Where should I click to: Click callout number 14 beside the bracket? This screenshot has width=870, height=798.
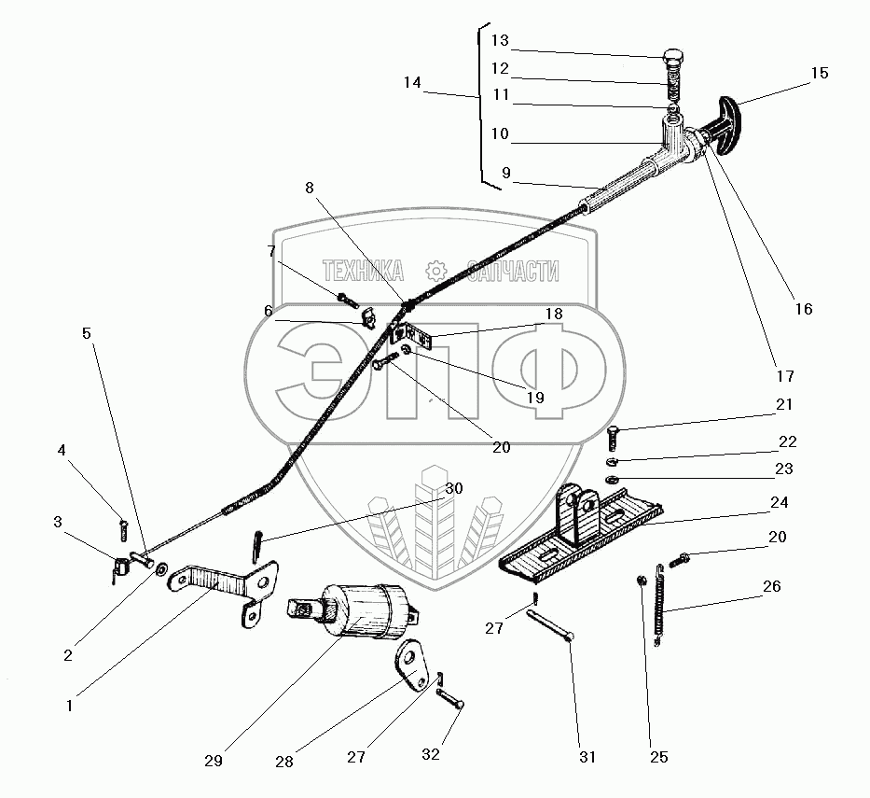(412, 83)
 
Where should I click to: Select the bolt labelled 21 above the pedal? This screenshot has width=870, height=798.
(614, 436)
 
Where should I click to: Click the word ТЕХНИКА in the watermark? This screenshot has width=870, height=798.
(363, 272)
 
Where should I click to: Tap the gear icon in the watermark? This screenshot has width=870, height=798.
(435, 272)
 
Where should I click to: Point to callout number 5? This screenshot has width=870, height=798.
(87, 332)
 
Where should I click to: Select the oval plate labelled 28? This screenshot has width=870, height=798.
(410, 664)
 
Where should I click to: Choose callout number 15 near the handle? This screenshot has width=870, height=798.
(819, 73)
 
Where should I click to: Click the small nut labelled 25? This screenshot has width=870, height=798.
(640, 582)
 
